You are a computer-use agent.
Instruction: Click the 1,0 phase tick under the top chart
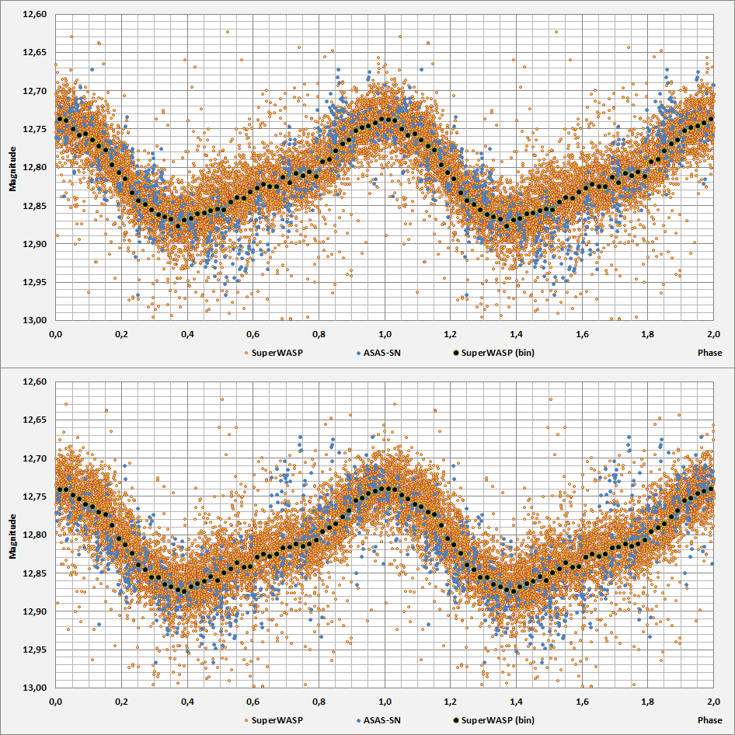point(385,333)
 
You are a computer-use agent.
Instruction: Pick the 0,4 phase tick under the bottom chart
point(187,702)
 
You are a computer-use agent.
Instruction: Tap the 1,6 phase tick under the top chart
point(582,333)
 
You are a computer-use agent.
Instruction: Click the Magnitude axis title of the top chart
point(13,167)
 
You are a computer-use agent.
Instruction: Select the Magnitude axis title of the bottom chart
point(13,535)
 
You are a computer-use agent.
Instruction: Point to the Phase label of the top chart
point(710,352)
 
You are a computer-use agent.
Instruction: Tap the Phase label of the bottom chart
point(710,720)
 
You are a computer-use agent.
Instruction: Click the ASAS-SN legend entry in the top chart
point(379,352)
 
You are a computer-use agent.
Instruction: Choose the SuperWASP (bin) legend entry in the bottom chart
point(498,720)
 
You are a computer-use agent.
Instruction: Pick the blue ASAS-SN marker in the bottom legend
point(359,720)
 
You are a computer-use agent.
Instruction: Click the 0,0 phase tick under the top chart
point(55,333)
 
